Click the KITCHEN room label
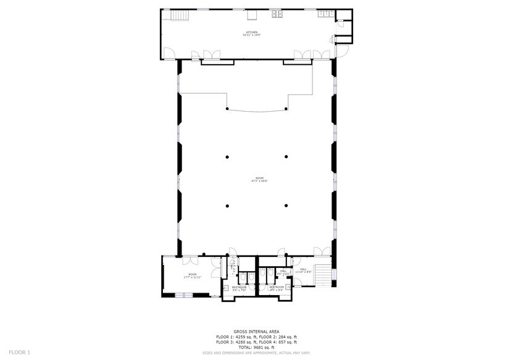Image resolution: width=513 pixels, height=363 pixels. click(251, 33)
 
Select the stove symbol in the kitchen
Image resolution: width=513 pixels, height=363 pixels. click(278, 14)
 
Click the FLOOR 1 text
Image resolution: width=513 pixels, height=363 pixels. click(19, 352)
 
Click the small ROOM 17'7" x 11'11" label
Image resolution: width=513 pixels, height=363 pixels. click(192, 276)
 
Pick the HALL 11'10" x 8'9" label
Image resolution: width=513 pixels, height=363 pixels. click(303, 270)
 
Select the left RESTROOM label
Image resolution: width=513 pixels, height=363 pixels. click(239, 288)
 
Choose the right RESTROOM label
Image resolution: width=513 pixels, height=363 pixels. click(276, 288)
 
